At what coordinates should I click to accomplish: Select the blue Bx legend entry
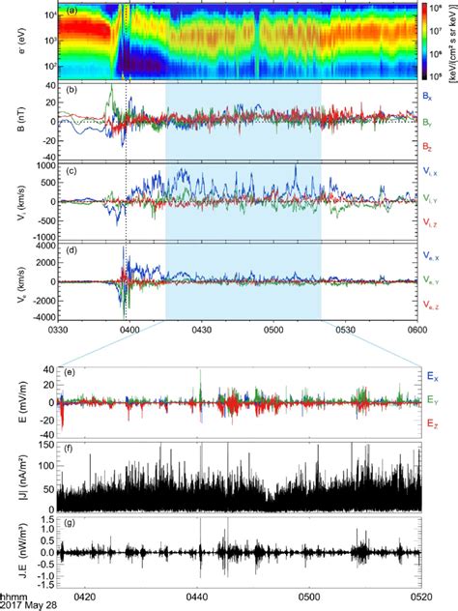(x=427, y=97)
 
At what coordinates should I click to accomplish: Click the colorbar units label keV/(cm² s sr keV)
(x=448, y=43)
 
